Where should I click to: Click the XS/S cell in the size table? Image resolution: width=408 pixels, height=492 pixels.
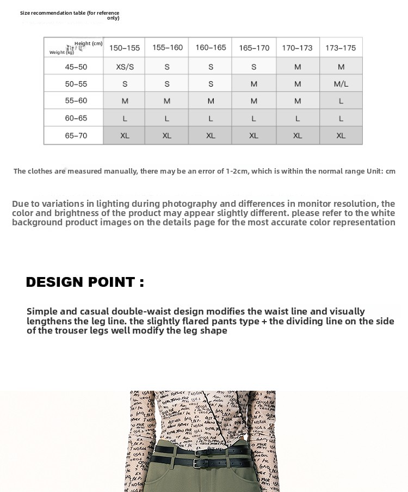[x=125, y=67]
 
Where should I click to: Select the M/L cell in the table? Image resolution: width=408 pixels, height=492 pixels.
[x=341, y=84]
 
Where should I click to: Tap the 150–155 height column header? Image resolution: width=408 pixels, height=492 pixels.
[x=125, y=48]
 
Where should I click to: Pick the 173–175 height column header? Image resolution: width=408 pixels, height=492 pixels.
[x=341, y=48]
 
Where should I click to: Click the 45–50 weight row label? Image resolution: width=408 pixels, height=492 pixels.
[x=76, y=67]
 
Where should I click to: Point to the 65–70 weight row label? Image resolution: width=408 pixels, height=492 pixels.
[x=76, y=136]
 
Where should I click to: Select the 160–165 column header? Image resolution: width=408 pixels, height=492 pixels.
[x=211, y=48]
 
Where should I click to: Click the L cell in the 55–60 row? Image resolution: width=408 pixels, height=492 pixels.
[x=341, y=101]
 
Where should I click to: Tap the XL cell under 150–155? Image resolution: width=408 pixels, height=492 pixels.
[x=125, y=136]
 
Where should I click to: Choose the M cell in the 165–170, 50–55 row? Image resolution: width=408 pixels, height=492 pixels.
[x=254, y=84]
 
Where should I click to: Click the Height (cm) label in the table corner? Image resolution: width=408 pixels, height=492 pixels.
[x=89, y=44]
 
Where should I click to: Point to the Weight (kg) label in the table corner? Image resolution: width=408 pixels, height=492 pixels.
[x=61, y=52]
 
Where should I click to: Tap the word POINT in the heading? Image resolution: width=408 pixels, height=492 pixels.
[x=114, y=282]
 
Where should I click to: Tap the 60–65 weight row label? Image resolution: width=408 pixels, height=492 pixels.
[x=76, y=118]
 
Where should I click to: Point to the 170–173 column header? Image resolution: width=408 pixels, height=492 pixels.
[x=297, y=48]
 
